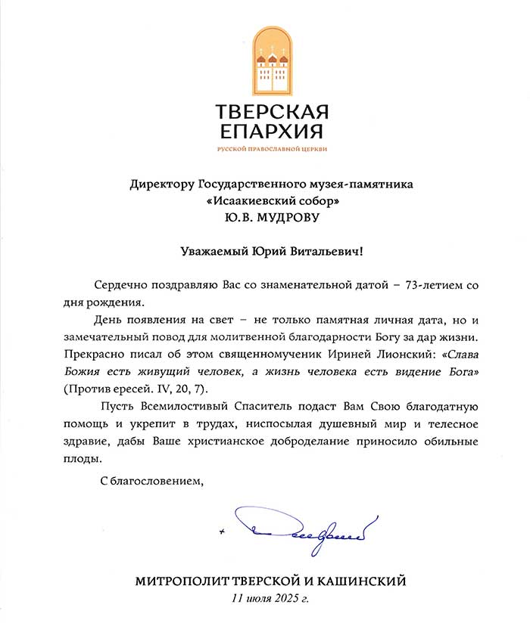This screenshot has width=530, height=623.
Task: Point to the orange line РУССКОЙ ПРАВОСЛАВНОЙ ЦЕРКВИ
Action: (272, 150)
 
